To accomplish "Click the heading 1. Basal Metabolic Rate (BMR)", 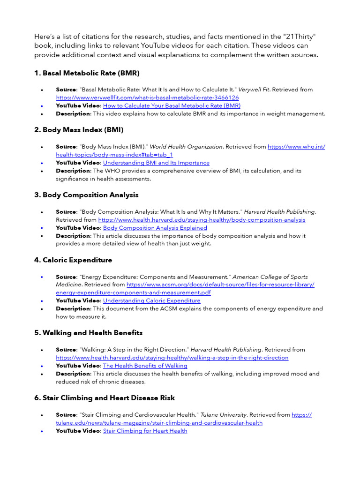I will click(87, 73).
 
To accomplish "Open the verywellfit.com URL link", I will click(147, 97).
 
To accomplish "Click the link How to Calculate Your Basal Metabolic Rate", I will click(172, 106).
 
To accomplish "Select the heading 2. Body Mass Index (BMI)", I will click(79, 130).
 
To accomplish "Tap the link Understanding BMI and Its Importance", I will click(156, 163).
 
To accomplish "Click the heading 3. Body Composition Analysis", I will click(86, 195).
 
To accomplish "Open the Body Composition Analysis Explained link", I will click(155, 228).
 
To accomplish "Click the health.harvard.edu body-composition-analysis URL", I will click(202, 220).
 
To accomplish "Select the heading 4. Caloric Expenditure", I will click(73, 260).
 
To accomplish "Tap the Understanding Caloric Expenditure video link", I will click(151, 300).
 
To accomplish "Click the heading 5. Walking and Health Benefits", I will click(88, 333).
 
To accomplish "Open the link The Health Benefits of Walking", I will click(145, 366).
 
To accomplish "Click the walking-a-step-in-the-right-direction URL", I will click(172, 358).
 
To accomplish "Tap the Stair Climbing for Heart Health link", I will click(145, 431).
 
